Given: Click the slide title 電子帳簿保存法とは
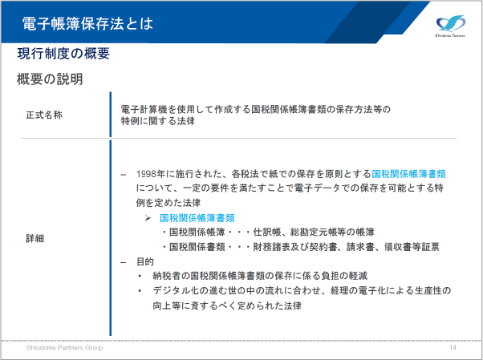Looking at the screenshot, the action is pos(87,24).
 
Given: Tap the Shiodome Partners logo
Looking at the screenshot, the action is pos(450,26).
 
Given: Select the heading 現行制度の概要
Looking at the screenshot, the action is pos(63,54).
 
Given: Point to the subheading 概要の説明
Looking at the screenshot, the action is pos(50,79).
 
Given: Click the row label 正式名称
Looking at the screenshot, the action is pos(44,115).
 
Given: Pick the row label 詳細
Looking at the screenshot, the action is pos(34,238).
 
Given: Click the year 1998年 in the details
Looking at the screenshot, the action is pos(151,174).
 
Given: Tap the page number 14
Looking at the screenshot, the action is pos(453,348).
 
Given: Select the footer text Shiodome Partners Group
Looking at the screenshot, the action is pos(65,348).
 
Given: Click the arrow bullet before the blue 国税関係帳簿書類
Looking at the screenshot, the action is pos(148,218).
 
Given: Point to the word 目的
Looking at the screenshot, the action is pos(145,261).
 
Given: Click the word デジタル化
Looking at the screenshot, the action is pos(176,290).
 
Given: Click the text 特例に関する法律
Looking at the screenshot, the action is pos(158,121).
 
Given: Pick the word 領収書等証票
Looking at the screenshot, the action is pos(412,247).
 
